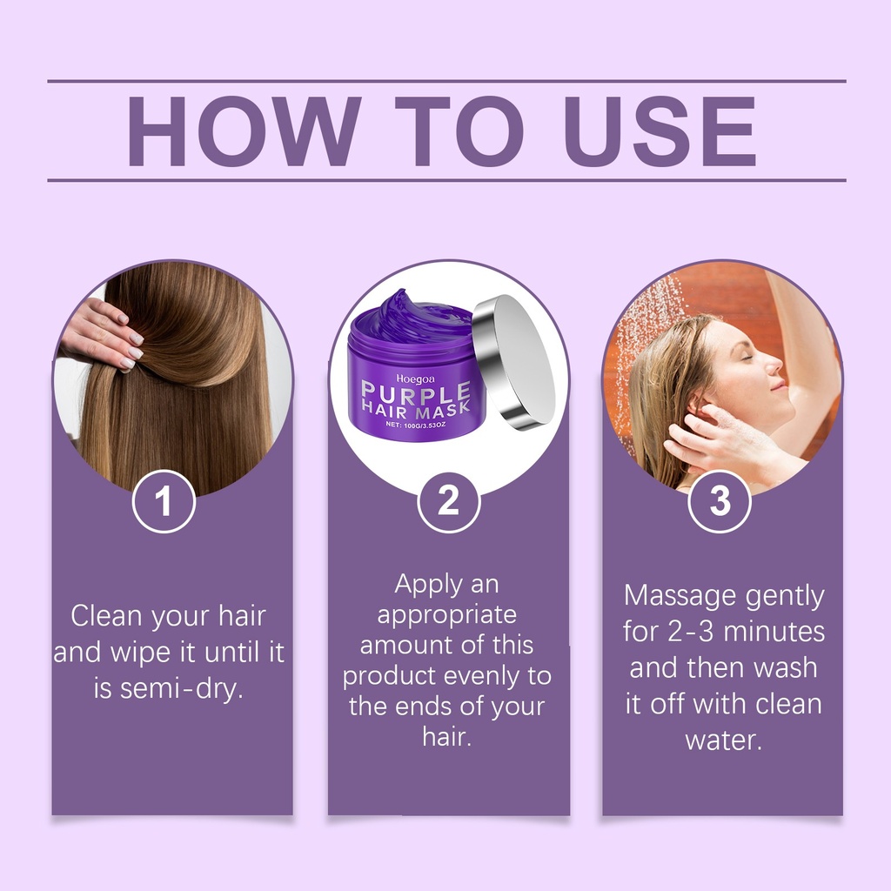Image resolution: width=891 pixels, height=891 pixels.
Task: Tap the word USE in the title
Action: (660, 131)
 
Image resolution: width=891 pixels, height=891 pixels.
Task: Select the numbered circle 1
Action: (164, 501)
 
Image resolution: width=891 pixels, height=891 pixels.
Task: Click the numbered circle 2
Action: (449, 501)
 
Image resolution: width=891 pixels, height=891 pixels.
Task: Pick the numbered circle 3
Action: (720, 501)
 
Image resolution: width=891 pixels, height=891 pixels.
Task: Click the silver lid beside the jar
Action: (512, 361)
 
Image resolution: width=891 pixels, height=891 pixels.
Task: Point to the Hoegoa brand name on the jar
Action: (415, 379)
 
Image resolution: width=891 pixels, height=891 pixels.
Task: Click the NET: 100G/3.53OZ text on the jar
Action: (415, 425)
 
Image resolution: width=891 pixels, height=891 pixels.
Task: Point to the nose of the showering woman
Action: (772, 364)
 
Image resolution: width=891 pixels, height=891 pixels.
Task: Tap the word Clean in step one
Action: (107, 615)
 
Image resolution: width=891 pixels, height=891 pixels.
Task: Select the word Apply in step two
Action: (420, 585)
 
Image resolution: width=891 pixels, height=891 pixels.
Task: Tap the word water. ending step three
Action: (723, 740)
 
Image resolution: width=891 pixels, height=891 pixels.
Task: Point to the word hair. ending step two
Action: (447, 737)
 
